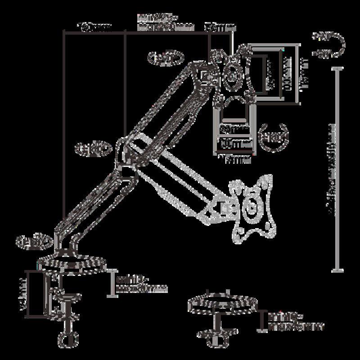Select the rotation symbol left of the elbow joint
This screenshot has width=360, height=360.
coord(92,148)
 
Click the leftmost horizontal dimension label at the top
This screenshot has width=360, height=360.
coord(94,27)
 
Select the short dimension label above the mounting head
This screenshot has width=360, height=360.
coord(220,28)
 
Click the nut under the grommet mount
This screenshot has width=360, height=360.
coord(217,335)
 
